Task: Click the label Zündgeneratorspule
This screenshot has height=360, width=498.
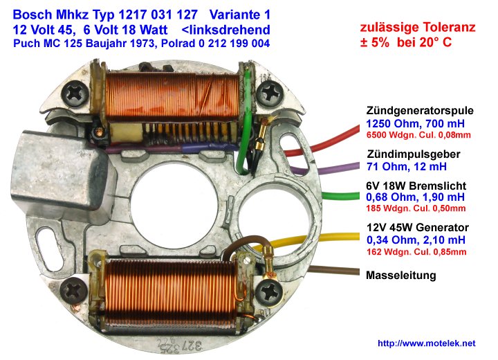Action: [x=420, y=111]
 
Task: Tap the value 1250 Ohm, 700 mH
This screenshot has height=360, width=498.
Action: [x=415, y=123]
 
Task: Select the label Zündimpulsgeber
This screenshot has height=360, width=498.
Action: [x=414, y=154]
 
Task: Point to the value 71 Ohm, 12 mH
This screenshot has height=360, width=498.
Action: [x=407, y=166]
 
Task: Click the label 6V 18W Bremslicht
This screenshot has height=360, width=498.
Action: [x=416, y=186]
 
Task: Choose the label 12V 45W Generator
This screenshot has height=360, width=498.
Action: [x=418, y=227]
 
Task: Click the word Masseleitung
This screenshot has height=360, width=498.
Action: [x=400, y=275]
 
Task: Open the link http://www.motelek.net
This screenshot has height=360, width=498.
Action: [x=427, y=343]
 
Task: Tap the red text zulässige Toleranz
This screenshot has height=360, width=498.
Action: [x=418, y=28]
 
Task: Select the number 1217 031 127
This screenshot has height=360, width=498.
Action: [x=158, y=15]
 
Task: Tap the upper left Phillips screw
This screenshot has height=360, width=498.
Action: [x=75, y=94]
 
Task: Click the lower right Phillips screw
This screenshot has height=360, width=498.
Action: [x=268, y=294]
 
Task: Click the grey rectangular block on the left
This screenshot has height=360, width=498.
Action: [x=59, y=172]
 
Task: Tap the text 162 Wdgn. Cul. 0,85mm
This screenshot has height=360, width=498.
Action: [x=416, y=252]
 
